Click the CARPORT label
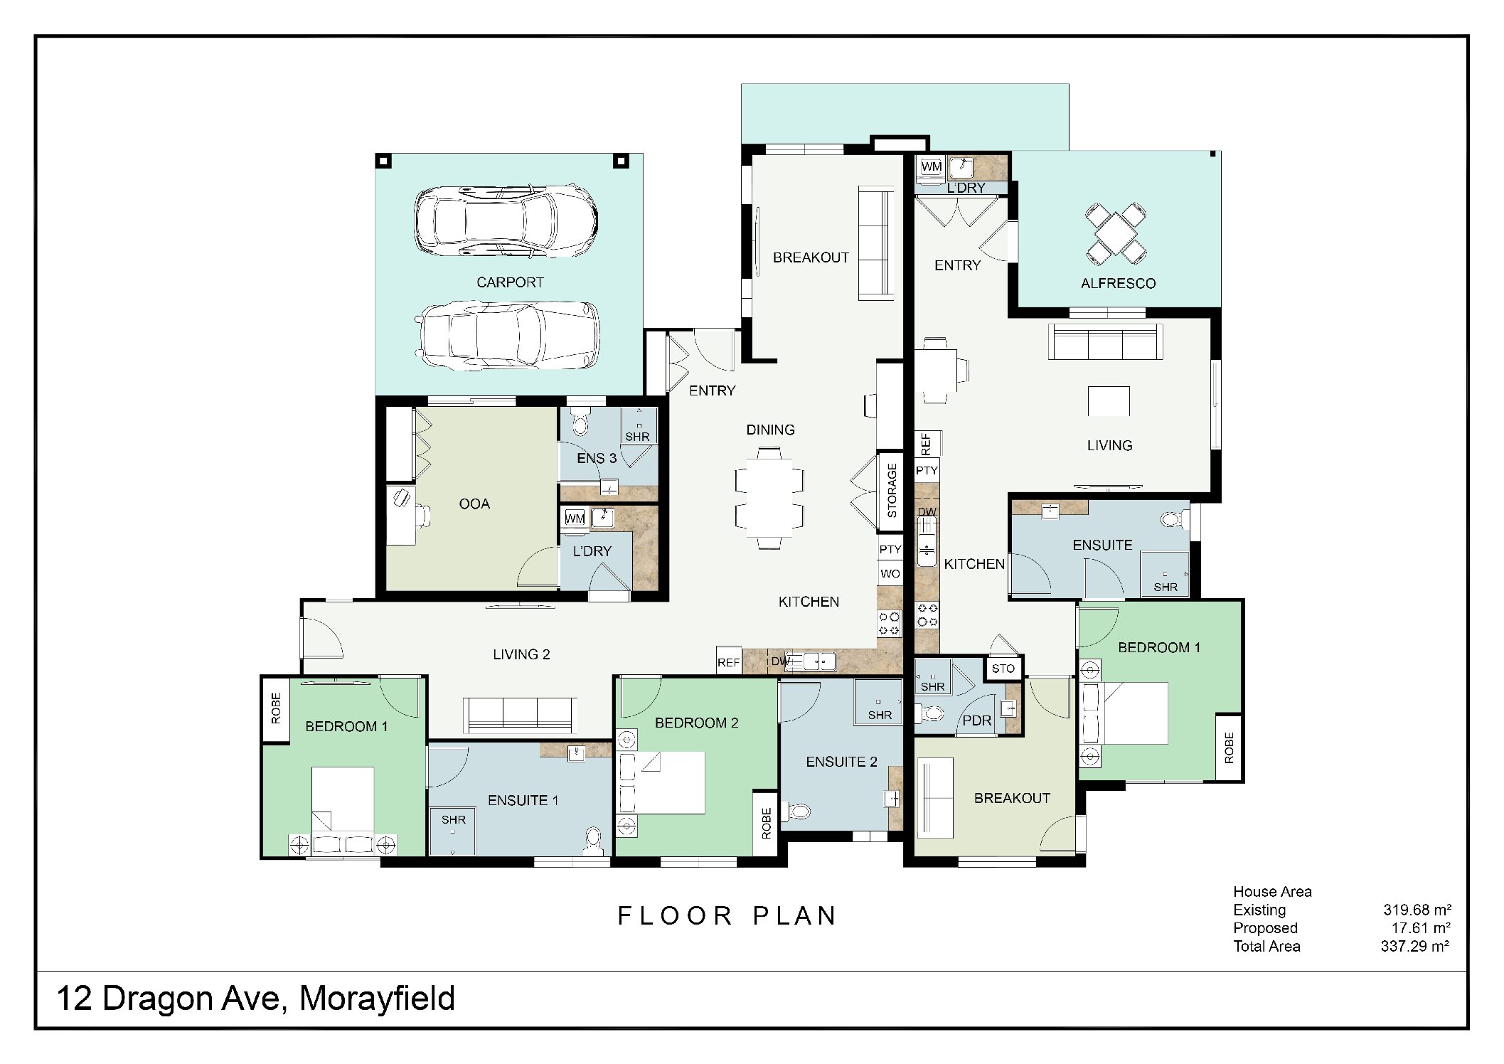(x=510, y=282)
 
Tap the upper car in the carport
(x=506, y=220)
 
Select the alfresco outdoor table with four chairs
(x=1116, y=233)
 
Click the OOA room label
(x=474, y=504)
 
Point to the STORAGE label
(x=892, y=491)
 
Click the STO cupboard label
(x=1003, y=669)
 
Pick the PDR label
(x=976, y=720)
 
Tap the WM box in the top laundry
(x=931, y=167)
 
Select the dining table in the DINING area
(x=769, y=498)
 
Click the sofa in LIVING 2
(x=519, y=714)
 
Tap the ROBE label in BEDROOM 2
(x=766, y=823)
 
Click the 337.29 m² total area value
(x=1414, y=947)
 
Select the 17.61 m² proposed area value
(x=1420, y=928)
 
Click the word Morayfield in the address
(x=377, y=999)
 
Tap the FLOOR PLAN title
(x=727, y=916)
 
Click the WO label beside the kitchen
(x=890, y=574)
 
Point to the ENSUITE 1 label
(x=523, y=801)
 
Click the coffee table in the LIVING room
(x=1108, y=401)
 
